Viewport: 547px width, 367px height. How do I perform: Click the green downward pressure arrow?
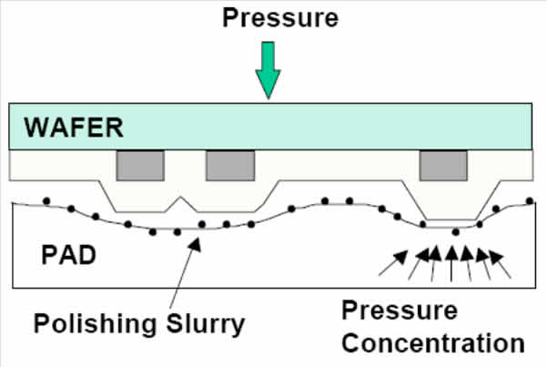pyautogui.click(x=268, y=70)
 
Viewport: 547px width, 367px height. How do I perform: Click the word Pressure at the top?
pyautogui.click(x=280, y=18)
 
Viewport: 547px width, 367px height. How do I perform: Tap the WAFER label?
pyautogui.click(x=74, y=127)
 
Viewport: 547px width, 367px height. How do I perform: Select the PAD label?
pyautogui.click(x=68, y=255)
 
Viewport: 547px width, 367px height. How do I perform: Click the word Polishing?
pyautogui.click(x=95, y=324)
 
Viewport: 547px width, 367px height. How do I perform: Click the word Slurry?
pyautogui.click(x=206, y=324)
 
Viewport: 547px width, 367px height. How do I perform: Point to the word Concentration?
pyautogui.click(x=433, y=343)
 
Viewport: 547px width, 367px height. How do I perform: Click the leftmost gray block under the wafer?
pyautogui.click(x=140, y=166)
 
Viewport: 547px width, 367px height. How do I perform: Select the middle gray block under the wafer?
pyautogui.click(x=230, y=166)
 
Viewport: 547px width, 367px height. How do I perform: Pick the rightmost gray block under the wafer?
pyautogui.click(x=443, y=166)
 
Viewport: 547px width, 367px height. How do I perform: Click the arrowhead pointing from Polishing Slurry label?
pyautogui.click(x=195, y=244)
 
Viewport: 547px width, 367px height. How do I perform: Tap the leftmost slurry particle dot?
pyautogui.click(x=46, y=201)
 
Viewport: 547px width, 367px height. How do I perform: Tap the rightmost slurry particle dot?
pyautogui.click(x=530, y=200)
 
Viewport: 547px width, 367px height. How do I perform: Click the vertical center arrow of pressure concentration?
pyautogui.click(x=451, y=264)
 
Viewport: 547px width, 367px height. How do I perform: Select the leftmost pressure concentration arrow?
pyautogui.click(x=393, y=263)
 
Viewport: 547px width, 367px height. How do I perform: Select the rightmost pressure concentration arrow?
pyautogui.click(x=500, y=264)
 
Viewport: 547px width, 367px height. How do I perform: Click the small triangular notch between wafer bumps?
pyautogui.click(x=180, y=204)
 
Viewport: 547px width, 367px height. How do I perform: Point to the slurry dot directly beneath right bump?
pyautogui.click(x=456, y=232)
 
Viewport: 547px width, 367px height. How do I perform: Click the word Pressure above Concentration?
pyautogui.click(x=400, y=311)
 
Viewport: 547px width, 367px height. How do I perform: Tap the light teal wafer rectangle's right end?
pyautogui.click(x=532, y=127)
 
